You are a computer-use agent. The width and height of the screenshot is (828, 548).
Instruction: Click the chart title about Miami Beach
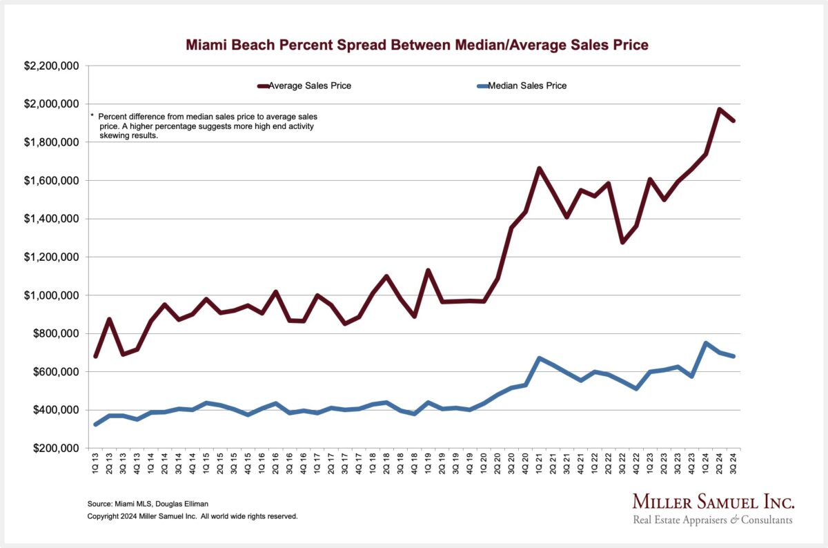[x=417, y=46]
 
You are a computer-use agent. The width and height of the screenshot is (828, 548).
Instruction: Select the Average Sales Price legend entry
[x=307, y=86]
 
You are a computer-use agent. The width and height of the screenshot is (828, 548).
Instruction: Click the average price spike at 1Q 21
[x=539, y=168]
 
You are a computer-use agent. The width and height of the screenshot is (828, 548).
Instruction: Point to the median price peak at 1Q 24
[x=705, y=343]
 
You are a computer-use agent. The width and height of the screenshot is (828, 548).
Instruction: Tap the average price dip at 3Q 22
[x=622, y=242]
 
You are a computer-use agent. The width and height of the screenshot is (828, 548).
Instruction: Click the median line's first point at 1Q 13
[x=95, y=424]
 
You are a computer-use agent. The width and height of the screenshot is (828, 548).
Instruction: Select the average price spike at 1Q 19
[x=428, y=271]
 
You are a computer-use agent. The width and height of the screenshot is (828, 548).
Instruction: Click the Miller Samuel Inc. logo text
[x=713, y=502]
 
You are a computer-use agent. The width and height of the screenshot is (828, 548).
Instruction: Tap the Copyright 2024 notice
[x=193, y=516]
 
